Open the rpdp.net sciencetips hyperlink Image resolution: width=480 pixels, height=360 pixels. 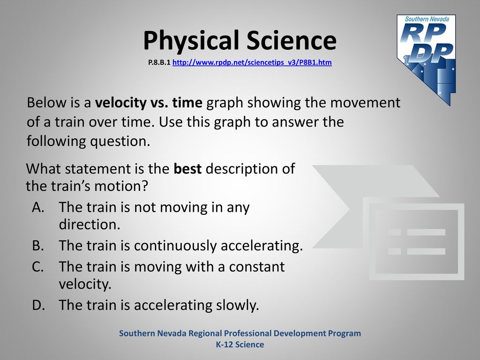[x=252, y=62]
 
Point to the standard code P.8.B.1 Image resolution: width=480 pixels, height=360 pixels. [x=159, y=62]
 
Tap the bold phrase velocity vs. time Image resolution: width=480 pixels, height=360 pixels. [x=149, y=103]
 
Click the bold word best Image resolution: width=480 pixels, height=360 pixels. [x=187, y=169]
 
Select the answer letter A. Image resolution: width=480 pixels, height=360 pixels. [x=38, y=207]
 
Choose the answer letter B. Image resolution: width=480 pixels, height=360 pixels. [x=37, y=246]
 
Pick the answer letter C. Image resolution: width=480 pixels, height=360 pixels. [x=37, y=267]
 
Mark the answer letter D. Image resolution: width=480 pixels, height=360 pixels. [x=38, y=305]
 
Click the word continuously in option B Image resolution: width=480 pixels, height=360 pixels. [x=175, y=246]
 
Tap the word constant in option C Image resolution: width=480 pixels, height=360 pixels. [x=257, y=267]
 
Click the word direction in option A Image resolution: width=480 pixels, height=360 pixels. [x=90, y=225]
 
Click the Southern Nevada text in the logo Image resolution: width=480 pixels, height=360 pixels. [x=427, y=19]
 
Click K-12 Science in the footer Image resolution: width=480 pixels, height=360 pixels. [x=240, y=345]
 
